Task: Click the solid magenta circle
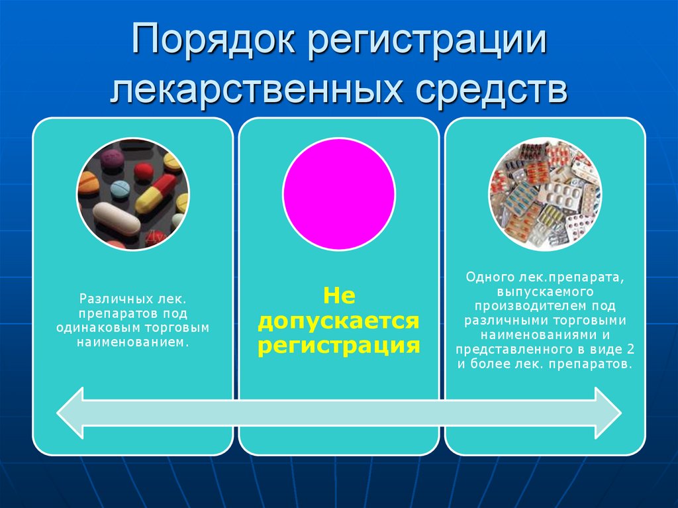338,194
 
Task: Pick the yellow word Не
339,295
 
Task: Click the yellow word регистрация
339,346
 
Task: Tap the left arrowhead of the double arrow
72,413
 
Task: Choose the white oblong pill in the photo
117,218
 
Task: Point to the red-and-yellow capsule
157,193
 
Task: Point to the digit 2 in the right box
630,350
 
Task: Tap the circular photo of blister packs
545,194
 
